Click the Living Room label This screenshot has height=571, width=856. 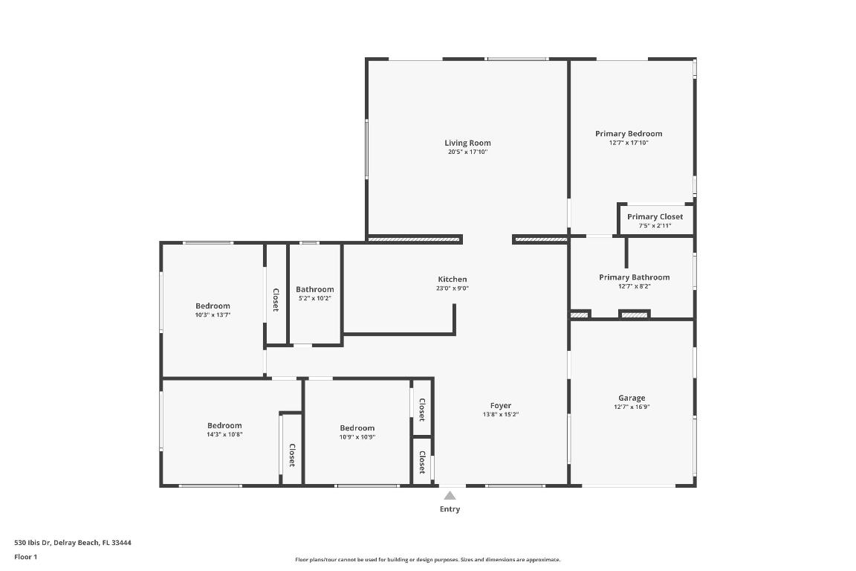[467, 143]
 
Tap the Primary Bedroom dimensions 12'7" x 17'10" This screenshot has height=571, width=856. [628, 143]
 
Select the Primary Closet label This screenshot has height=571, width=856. [655, 217]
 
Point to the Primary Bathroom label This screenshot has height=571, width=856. [634, 277]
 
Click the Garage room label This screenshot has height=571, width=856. [632, 398]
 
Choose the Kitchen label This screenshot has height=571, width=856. [452, 280]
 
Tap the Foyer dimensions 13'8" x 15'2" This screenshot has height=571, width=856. [500, 415]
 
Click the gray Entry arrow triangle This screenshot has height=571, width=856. [450, 495]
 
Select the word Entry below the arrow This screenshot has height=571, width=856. [450, 509]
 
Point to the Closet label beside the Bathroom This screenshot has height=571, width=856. [276, 300]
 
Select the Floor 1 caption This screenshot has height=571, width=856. [25, 557]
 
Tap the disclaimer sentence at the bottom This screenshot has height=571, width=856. [427, 560]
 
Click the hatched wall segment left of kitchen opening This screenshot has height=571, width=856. [415, 239]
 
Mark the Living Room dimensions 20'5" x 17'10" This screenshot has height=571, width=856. [467, 152]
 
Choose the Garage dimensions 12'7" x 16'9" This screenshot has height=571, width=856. [632, 407]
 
